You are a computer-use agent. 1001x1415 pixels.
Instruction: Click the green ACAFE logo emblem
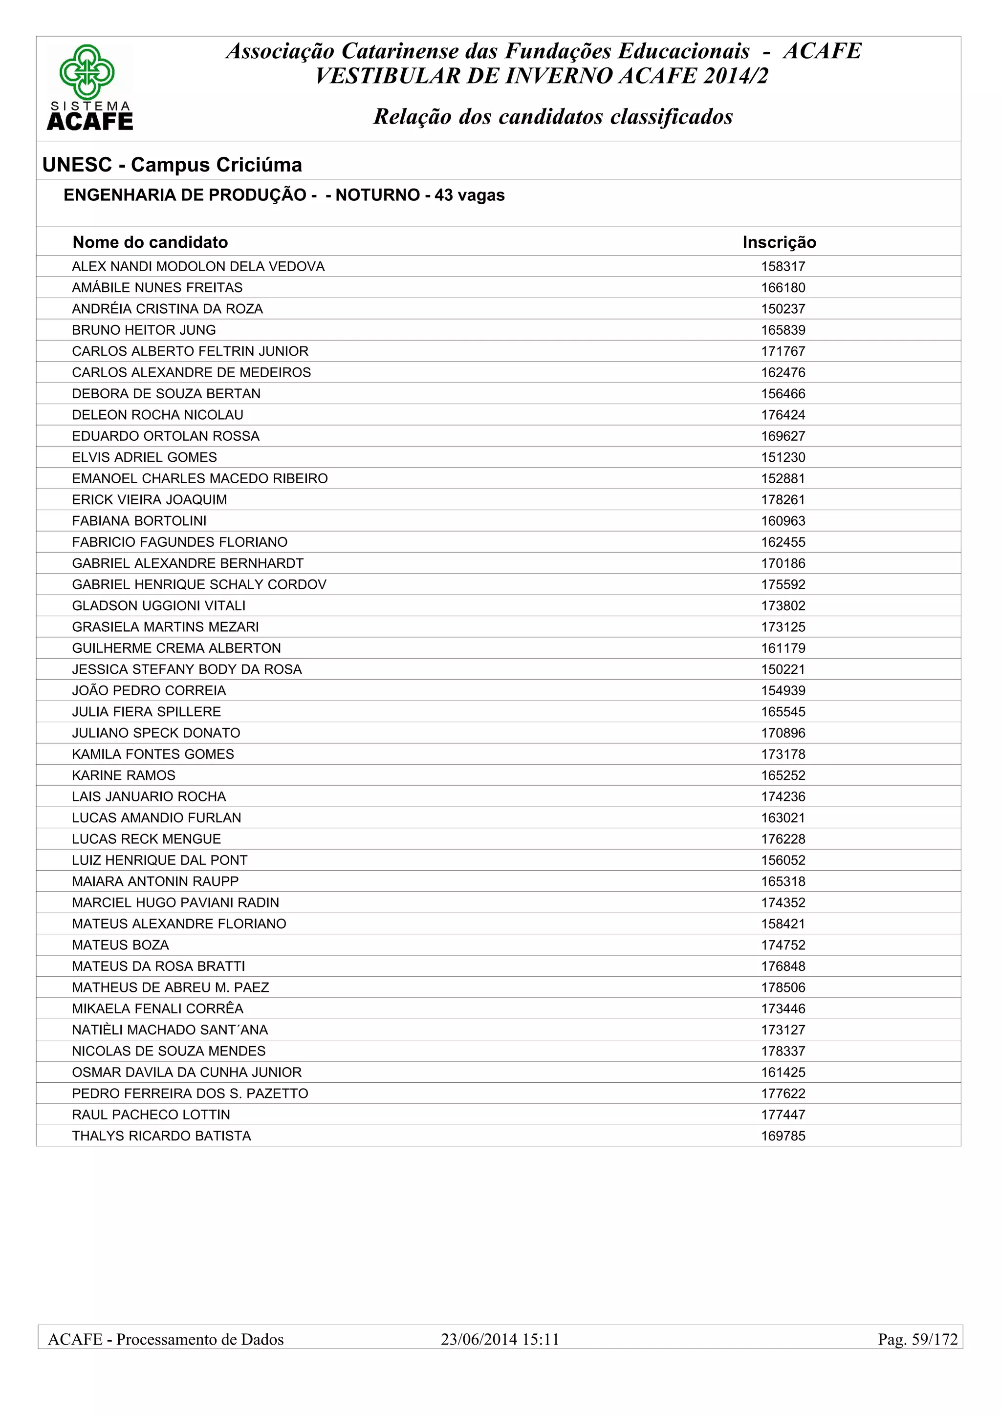point(87,72)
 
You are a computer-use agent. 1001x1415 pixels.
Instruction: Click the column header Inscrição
point(779,242)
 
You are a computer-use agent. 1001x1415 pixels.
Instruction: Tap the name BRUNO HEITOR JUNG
point(144,330)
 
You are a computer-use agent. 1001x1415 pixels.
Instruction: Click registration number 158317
point(783,266)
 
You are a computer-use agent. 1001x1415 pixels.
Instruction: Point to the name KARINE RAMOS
point(123,775)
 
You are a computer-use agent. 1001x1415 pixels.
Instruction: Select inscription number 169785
point(783,1136)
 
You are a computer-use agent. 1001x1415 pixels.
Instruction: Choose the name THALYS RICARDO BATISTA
point(161,1136)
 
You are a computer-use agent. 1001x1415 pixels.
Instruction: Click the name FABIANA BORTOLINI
point(139,521)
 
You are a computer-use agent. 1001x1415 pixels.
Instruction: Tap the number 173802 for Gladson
point(783,606)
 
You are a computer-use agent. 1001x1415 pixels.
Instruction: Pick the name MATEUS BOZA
point(120,945)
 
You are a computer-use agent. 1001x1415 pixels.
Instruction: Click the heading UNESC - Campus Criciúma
point(172,165)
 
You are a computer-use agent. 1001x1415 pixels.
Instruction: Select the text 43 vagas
point(470,195)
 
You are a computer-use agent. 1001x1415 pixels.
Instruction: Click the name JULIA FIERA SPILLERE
point(146,712)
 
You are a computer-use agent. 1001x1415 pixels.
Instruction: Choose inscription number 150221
point(783,669)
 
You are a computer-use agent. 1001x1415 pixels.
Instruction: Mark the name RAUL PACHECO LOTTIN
point(151,1114)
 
